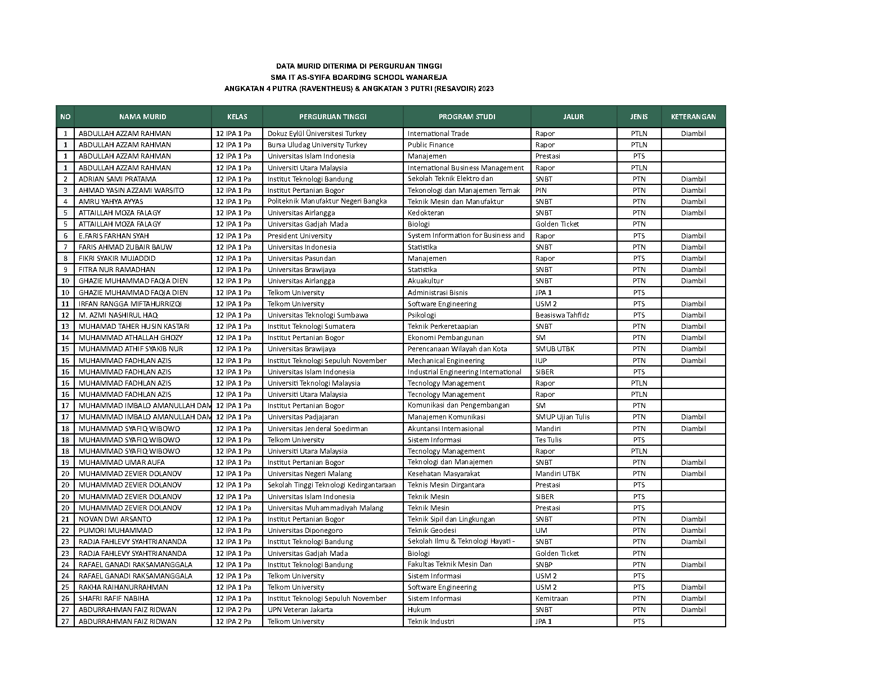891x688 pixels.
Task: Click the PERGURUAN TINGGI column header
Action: coord(332,117)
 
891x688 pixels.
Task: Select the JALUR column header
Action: coord(573,117)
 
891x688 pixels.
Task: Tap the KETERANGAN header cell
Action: coord(693,117)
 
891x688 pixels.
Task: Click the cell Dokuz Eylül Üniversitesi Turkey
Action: coord(317,134)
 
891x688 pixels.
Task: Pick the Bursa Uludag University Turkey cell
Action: coord(317,145)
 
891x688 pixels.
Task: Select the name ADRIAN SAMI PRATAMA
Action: coord(118,179)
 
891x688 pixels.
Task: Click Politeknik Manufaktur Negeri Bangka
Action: coord(327,201)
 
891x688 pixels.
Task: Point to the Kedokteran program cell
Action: coord(426,213)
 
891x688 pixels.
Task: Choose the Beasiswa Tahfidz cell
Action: coord(562,315)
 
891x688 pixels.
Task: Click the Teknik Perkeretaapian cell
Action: coord(443,327)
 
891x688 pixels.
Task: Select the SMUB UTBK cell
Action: coord(555,349)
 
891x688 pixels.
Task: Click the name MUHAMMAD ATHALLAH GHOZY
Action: coord(130,338)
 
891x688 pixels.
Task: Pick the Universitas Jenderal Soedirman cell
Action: coord(317,429)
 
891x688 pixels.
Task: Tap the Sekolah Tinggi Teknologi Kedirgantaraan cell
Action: coord(331,485)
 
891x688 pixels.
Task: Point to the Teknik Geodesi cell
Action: coord(431,531)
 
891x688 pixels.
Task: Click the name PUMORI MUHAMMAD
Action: coord(115,531)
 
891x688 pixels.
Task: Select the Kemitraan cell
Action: coord(551,599)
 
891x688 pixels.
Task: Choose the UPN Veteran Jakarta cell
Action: coord(300,610)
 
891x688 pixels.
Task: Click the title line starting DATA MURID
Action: coord(359,66)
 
